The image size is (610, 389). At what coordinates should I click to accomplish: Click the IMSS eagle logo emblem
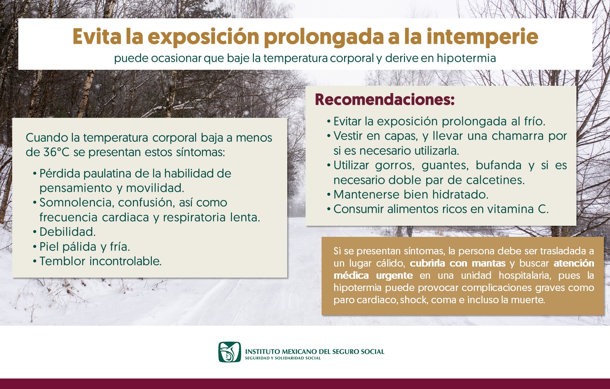(x=230, y=352)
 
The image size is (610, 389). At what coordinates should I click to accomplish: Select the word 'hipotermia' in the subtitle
(x=466, y=58)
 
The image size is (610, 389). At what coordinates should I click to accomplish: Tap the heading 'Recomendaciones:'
(x=385, y=100)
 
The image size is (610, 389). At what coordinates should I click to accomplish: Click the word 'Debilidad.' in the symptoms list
(x=68, y=232)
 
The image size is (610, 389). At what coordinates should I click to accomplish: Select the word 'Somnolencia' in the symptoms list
(x=76, y=203)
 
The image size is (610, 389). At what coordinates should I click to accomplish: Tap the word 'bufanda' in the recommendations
(x=499, y=165)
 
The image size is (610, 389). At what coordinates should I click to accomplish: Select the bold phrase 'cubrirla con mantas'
(x=457, y=263)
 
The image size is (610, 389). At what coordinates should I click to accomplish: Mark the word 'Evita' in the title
(x=97, y=37)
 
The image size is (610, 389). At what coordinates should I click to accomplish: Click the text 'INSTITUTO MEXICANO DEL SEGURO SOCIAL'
(x=314, y=351)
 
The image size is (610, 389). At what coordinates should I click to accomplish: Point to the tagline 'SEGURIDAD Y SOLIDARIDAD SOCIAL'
(x=283, y=358)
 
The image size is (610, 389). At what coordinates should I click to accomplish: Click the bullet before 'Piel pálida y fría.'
(x=35, y=247)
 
